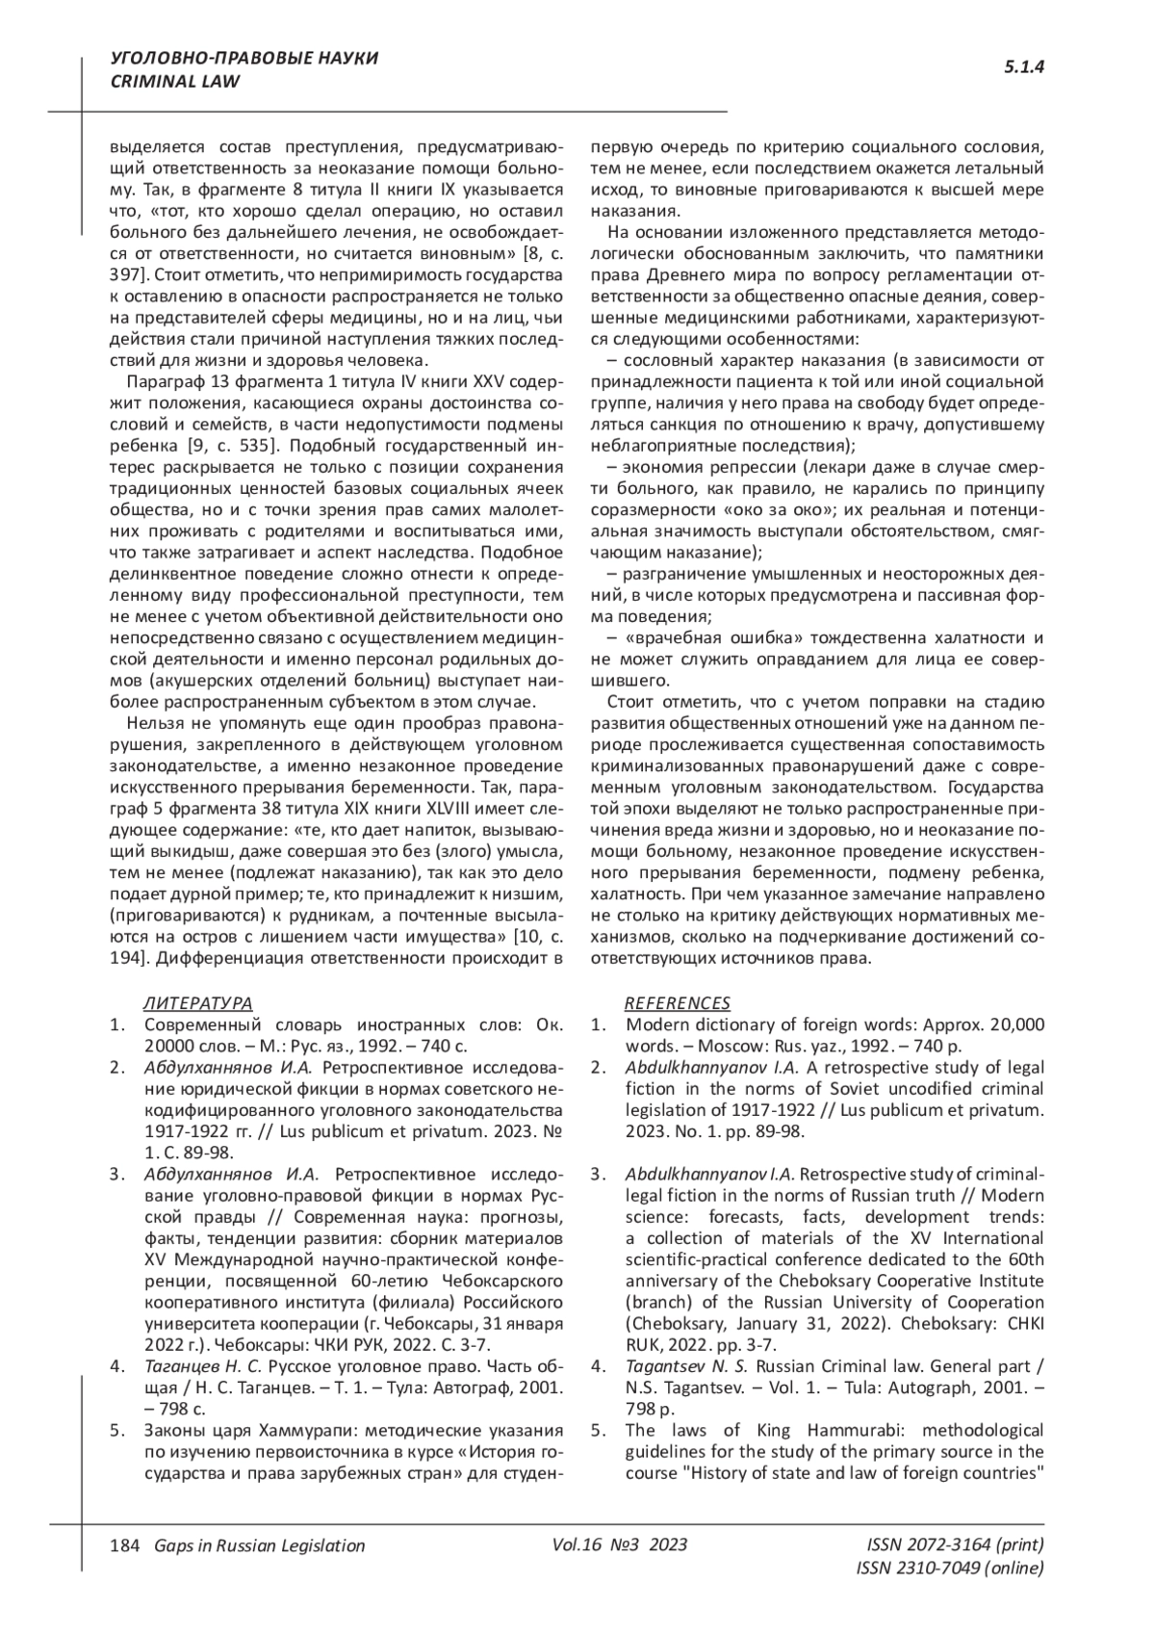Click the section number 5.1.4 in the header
1024,67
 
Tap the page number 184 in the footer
126,1545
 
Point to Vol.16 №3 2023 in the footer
620,1544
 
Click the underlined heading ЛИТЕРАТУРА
198,1003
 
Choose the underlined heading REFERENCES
678,1003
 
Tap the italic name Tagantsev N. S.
687,1366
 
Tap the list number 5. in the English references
598,1430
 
